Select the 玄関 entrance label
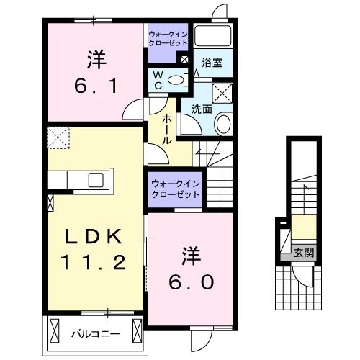pyautogui.click(x=303, y=252)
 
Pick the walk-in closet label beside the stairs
pyautogui.click(x=175, y=189)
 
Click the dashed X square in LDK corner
pyautogui.click(x=57, y=136)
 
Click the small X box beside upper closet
pyautogui.click(x=185, y=60)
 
